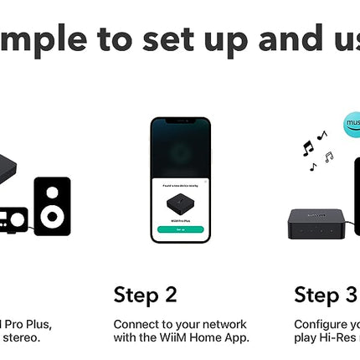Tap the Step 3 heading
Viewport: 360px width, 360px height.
click(326, 296)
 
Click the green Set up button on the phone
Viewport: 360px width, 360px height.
click(180, 229)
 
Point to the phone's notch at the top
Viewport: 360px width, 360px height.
click(180, 124)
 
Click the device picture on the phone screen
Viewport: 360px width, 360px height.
click(180, 204)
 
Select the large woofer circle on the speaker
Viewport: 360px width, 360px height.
click(52, 217)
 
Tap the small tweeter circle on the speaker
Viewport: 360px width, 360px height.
click(52, 193)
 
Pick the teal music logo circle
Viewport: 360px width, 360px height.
click(353, 125)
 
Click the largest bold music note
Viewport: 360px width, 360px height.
click(307, 148)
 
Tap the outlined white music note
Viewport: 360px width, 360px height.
click(328, 157)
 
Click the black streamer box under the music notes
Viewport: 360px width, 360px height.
click(323, 224)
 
